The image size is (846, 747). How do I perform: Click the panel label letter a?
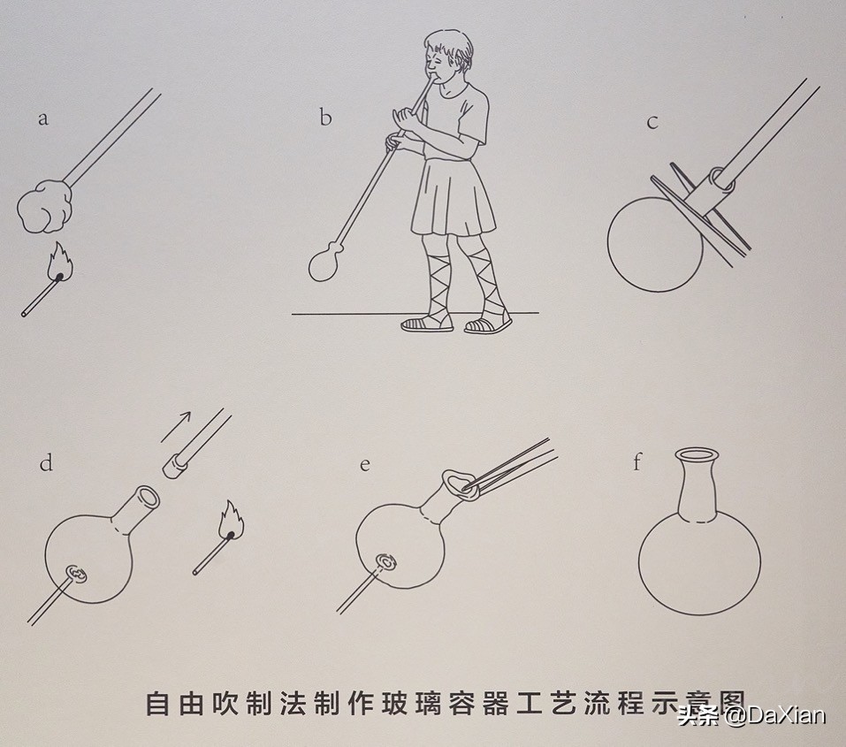pyautogui.click(x=42, y=118)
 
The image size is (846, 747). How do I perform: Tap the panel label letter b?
pyautogui.click(x=325, y=117)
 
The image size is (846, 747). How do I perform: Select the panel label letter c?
pyautogui.click(x=652, y=122)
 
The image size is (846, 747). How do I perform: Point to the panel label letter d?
pyautogui.click(x=46, y=461)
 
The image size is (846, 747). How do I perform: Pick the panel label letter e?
pyautogui.click(x=364, y=463)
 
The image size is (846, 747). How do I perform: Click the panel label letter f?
pyautogui.click(x=637, y=461)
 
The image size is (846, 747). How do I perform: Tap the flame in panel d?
pyautogui.click(x=232, y=519)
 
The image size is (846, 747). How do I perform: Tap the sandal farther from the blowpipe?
pyautogui.click(x=487, y=324)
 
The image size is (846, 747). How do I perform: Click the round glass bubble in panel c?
pyautogui.click(x=654, y=244)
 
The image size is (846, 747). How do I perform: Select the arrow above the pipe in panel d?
pyautogui.click(x=179, y=425)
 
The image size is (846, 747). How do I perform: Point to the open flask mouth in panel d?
pyautogui.click(x=148, y=497)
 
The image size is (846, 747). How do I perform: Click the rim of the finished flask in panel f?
pyautogui.click(x=697, y=456)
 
